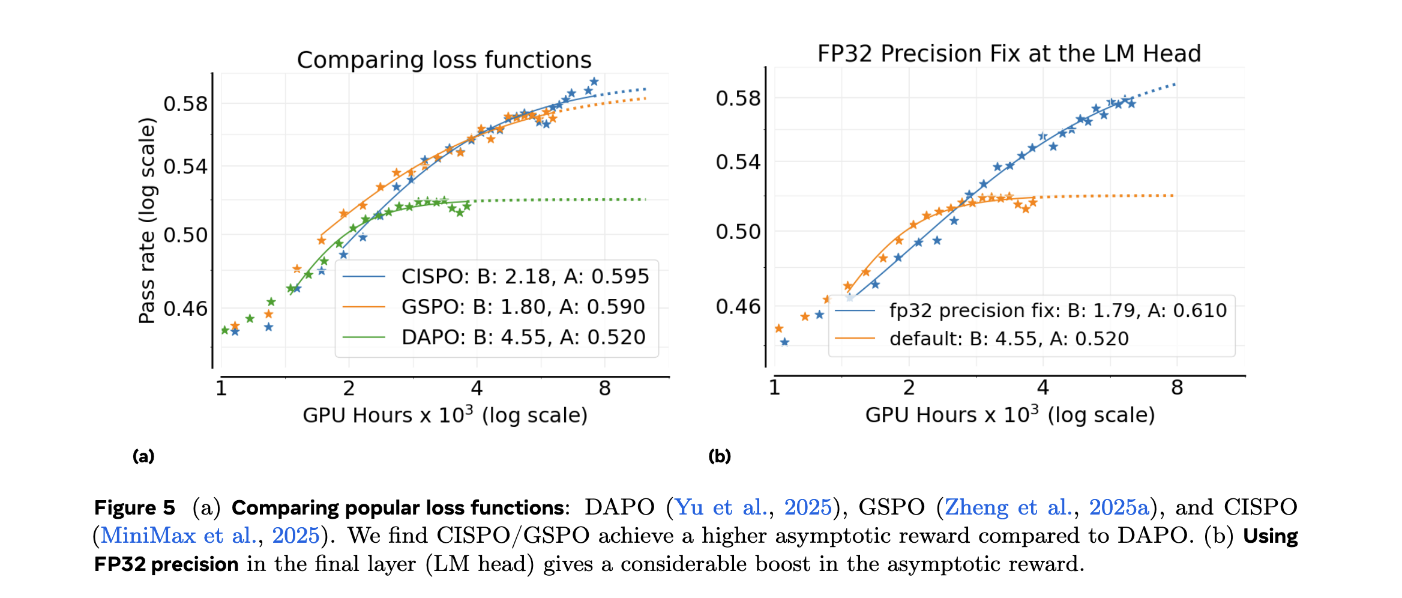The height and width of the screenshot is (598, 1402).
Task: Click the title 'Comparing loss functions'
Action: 444,60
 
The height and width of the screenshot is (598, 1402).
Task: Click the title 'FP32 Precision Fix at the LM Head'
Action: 1009,54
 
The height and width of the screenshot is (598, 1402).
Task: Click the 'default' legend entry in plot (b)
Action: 1008,339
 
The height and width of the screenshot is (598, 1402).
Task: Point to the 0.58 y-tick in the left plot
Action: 185,104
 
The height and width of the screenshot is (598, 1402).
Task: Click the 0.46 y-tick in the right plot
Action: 738,307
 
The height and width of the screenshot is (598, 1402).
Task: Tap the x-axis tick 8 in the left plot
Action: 604,389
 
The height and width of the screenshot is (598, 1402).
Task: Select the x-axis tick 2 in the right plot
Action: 909,388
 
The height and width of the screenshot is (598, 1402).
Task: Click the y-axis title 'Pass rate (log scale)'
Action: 147,221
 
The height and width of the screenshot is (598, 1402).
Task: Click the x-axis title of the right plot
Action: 1009,415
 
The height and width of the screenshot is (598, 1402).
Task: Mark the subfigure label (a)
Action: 143,456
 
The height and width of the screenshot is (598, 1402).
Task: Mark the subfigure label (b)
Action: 720,456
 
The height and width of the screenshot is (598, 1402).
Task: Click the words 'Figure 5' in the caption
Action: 135,508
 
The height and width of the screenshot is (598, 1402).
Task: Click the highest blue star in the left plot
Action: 594,82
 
